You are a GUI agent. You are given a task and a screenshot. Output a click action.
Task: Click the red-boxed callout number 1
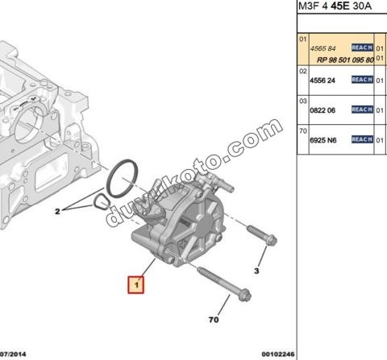point(136,284)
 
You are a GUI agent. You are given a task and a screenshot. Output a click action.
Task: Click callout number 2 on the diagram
point(57,212)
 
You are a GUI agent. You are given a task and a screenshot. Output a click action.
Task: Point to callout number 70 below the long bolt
point(214,319)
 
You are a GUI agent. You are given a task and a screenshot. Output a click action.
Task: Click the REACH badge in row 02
point(363,80)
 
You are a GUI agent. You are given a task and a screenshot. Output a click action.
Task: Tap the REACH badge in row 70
point(363,139)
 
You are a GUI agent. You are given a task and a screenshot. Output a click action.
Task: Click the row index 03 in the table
point(303,101)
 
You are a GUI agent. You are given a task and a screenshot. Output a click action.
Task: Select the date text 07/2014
point(15,353)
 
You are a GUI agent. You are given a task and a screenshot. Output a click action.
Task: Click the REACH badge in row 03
point(363,110)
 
